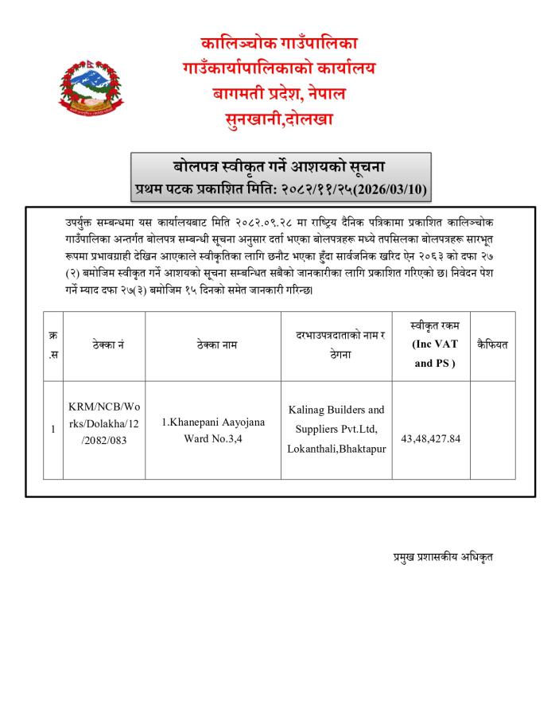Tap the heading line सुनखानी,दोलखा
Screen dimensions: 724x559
tap(278, 120)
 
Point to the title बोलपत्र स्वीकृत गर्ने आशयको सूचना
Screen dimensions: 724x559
tap(279, 168)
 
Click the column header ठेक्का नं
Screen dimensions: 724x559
tap(104, 345)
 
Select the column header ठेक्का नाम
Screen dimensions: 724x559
tap(213, 345)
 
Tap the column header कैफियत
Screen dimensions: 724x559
tap(492, 345)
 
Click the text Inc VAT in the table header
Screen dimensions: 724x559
tap(434, 344)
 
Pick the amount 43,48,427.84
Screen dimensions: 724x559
tap(431, 438)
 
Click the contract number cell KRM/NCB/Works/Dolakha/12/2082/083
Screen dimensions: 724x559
tap(103, 429)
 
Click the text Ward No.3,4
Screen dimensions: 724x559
tap(213, 438)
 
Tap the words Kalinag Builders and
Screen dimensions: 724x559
tap(336, 410)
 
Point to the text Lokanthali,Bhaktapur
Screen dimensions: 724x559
tap(336, 449)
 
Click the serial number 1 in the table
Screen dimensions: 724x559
tap(52, 430)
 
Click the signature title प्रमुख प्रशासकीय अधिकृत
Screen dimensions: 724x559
tap(443, 557)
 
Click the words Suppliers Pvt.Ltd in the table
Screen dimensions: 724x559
tap(336, 430)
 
